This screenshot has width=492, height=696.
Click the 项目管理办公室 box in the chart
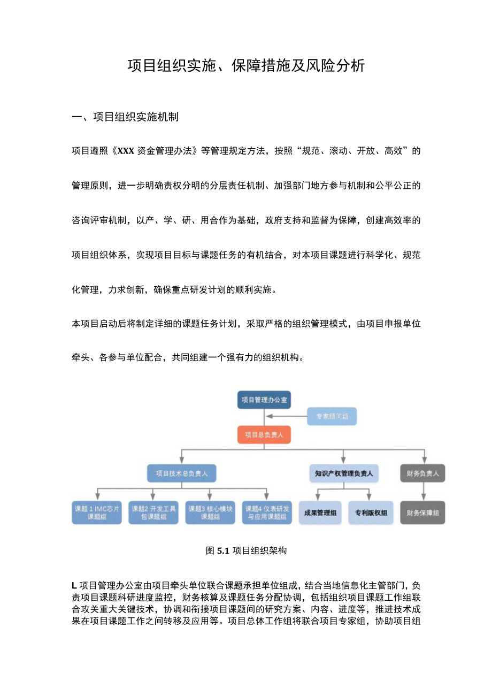pos(264,400)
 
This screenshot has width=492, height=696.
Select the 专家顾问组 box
pos(332,416)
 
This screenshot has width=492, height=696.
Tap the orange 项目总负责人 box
pos(264,434)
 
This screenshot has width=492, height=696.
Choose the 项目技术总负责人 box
pos(182,473)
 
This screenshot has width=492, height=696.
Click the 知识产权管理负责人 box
pos(344,473)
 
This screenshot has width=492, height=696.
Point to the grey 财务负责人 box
pos(422,473)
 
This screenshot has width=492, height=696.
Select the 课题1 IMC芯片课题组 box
pos(97,513)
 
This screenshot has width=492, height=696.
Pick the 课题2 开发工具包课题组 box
pos(153,513)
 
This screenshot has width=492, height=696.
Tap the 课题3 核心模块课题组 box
pos(210,513)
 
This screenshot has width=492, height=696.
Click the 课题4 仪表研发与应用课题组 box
pos(267,513)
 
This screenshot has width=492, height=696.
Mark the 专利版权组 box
pos(371,513)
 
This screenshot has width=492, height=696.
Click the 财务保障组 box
pos(422,513)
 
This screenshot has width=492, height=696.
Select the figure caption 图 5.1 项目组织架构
pos(246,550)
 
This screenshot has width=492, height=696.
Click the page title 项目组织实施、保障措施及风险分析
pos(246,66)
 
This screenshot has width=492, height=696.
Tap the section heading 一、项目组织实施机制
pos(125,117)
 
